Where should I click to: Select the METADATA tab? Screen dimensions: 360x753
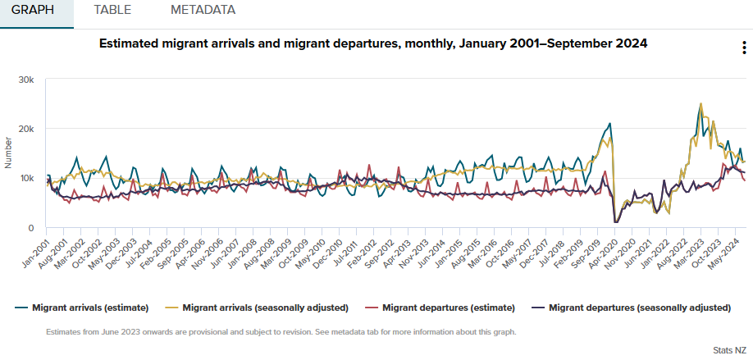click(x=203, y=11)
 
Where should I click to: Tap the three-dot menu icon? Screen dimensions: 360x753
click(x=743, y=48)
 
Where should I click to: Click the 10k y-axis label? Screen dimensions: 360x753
click(x=26, y=178)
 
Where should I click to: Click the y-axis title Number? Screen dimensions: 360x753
click(x=8, y=153)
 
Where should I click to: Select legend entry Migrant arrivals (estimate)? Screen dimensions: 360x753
click(x=90, y=308)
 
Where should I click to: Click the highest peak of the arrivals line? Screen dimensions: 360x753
click(x=701, y=104)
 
